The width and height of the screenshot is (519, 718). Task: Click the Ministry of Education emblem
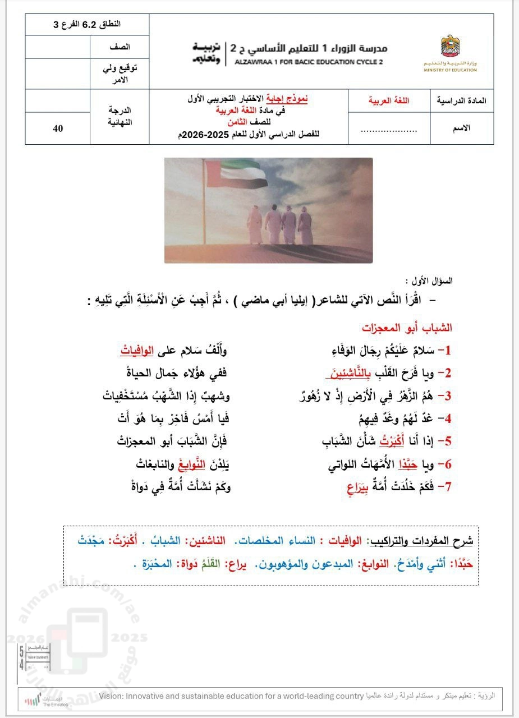tap(450, 46)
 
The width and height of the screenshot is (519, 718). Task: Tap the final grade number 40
tap(58, 128)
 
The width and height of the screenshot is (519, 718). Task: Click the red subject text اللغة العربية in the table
tap(389, 101)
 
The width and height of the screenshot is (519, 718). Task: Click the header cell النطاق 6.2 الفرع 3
tap(87, 25)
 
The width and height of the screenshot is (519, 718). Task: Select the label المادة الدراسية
tap(461, 101)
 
